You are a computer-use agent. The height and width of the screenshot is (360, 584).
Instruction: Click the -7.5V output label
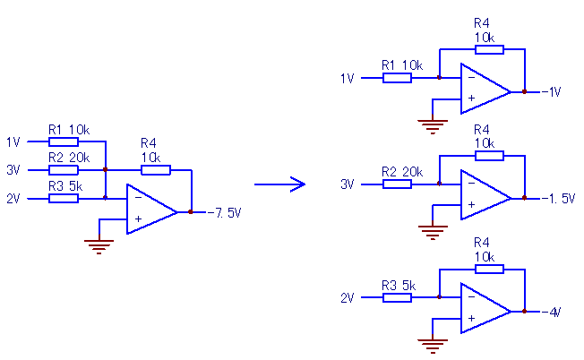pyautogui.click(x=224, y=213)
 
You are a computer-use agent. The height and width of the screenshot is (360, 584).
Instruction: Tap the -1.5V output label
pyautogui.click(x=558, y=199)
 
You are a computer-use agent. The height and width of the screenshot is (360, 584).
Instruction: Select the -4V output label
pyautogui.click(x=551, y=312)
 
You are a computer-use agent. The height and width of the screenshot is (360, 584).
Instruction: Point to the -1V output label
pyautogui.click(x=551, y=91)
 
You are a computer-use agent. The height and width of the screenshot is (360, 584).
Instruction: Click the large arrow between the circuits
pyautogui.click(x=279, y=184)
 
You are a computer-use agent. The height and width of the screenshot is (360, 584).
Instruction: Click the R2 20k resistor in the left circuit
pyautogui.click(x=64, y=170)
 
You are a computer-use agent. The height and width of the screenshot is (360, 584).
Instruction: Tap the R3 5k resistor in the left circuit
pyautogui.click(x=64, y=199)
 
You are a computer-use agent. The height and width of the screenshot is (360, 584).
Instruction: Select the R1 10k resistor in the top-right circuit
pyautogui.click(x=397, y=78)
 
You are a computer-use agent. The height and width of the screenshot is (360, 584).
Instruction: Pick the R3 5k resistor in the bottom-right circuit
pyautogui.click(x=397, y=297)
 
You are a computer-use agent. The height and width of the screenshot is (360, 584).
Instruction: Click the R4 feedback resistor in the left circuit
pyautogui.click(x=156, y=170)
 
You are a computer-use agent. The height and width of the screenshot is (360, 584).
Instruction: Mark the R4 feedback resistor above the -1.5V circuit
pyautogui.click(x=489, y=156)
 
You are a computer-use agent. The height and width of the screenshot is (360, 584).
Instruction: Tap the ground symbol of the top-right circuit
pyautogui.click(x=433, y=126)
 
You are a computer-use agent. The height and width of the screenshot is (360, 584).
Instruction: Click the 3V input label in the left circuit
pyautogui.click(x=13, y=170)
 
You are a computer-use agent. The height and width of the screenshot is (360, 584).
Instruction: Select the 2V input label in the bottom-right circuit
pyautogui.click(x=348, y=298)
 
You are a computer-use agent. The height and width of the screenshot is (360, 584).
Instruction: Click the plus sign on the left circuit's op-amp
pyautogui.click(x=138, y=219)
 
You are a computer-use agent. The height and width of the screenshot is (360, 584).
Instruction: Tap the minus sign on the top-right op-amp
pyautogui.click(x=471, y=77)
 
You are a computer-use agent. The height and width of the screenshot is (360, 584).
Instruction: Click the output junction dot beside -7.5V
pyautogui.click(x=191, y=212)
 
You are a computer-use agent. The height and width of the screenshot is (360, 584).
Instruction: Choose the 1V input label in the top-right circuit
pyautogui.click(x=348, y=79)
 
